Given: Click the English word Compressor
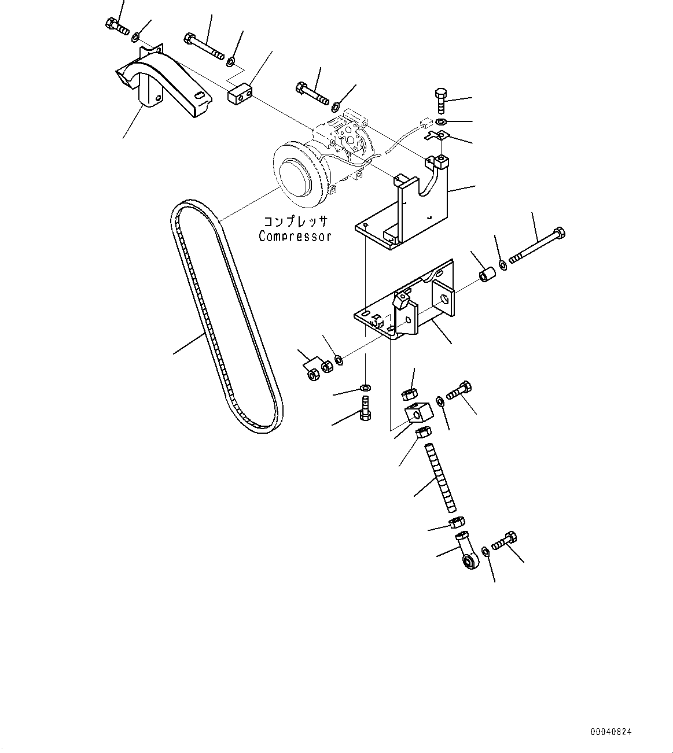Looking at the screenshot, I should [295, 236].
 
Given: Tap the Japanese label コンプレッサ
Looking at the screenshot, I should [296, 222].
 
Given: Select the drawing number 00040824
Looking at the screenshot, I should [611, 732].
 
